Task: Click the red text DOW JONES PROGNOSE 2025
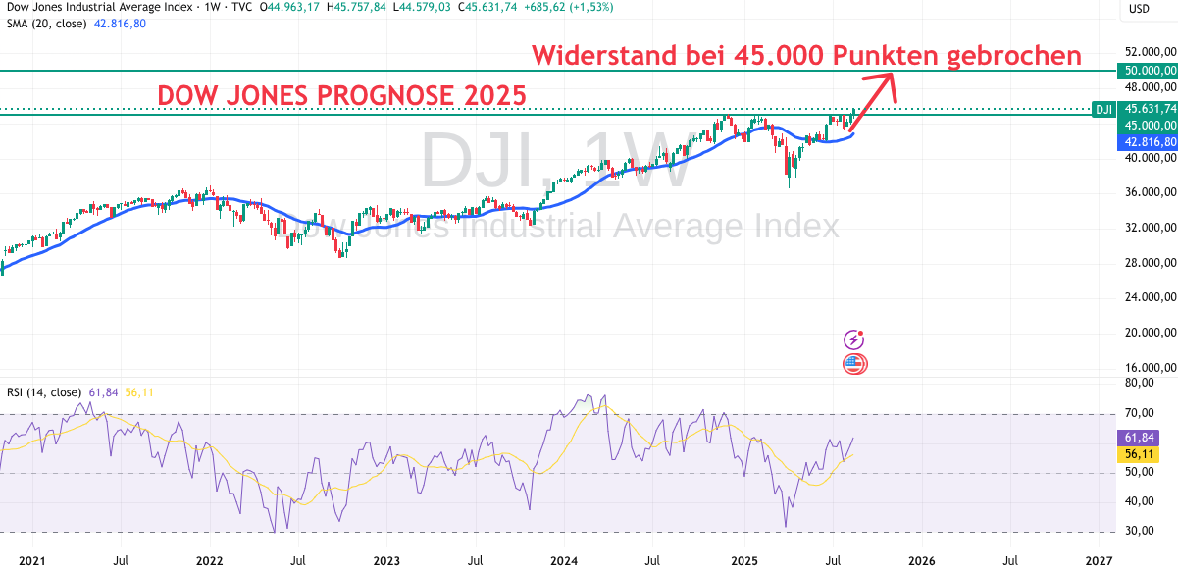[341, 95]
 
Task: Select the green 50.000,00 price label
[1147, 71]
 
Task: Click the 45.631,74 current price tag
[1147, 109]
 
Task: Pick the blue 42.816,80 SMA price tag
[1147, 141]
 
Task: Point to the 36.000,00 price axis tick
[1151, 192]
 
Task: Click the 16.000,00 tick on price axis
[1151, 368]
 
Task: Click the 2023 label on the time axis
[386, 561]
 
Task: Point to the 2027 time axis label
[1100, 561]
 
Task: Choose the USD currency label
[1139, 9]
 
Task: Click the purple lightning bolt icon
[854, 339]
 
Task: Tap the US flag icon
[854, 364]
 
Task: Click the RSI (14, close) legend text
[44, 392]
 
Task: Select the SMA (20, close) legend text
[45, 24]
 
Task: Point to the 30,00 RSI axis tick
[1140, 532]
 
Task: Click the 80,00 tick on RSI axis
[1140, 383]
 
